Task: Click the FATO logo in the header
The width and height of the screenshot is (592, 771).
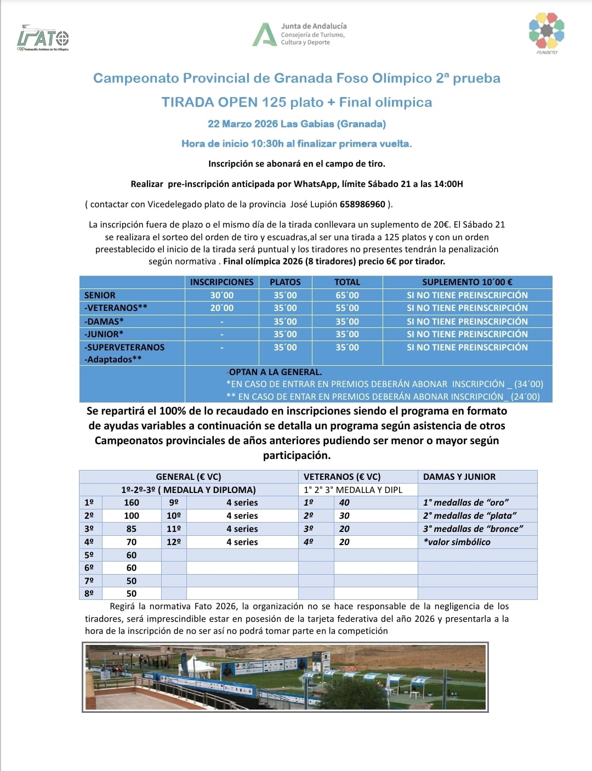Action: [43, 38]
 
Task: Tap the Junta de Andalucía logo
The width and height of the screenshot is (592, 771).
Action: [299, 34]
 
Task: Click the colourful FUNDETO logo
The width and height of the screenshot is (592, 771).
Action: [546, 32]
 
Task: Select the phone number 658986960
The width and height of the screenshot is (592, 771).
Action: [362, 204]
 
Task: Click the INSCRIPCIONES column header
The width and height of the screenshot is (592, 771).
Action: [221, 282]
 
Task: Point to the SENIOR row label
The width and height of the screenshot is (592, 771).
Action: [100, 295]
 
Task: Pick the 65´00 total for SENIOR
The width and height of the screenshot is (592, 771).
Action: [347, 295]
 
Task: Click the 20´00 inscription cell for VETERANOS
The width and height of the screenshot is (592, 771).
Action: [221, 308]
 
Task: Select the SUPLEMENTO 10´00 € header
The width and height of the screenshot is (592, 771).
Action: [467, 282]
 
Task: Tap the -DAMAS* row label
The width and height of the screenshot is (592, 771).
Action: [104, 321]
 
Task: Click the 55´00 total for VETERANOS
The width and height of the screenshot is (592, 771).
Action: [347, 308]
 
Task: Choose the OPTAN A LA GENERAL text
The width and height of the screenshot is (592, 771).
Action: [275, 372]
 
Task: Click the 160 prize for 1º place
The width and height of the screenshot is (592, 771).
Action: [132, 502]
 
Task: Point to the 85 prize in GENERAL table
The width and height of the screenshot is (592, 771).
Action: [132, 529]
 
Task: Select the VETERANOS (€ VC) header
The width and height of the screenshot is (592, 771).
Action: [342, 477]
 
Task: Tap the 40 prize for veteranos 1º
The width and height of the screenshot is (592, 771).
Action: [344, 502]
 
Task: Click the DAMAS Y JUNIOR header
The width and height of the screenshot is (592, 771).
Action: [459, 477]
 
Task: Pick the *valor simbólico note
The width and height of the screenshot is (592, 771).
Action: [457, 542]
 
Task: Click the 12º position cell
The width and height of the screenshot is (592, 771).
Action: [174, 542]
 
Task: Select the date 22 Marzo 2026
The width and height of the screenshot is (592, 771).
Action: [243, 124]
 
